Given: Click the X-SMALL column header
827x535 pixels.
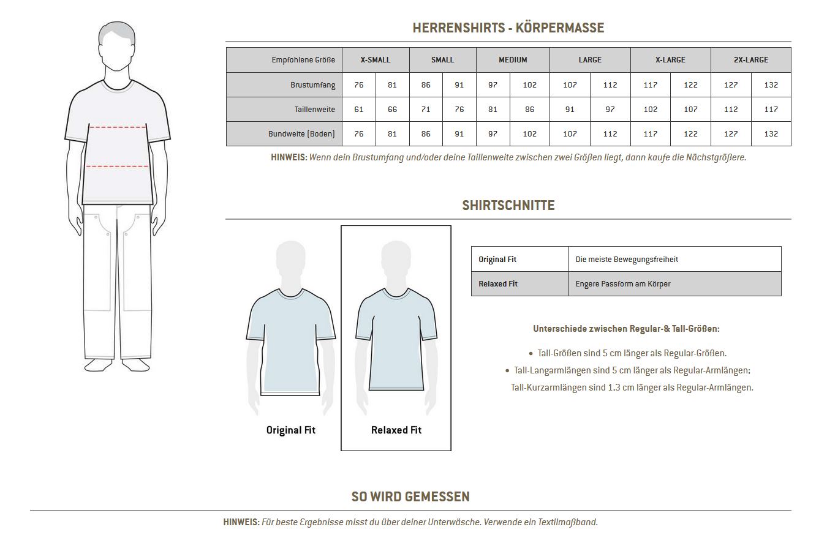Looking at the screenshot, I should point(375,60).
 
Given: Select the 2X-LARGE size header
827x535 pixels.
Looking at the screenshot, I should point(750,60).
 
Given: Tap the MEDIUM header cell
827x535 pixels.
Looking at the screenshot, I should point(513,60).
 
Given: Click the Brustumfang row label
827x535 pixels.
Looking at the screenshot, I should point(312,85).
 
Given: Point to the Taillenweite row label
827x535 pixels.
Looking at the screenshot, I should point(314,110).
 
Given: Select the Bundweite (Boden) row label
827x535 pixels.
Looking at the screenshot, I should point(301,134).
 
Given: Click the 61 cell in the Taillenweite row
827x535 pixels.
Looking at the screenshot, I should point(359,110).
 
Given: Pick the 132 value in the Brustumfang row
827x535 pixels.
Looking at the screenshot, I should point(771,85).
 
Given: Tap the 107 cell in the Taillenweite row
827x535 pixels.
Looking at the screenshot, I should point(690,110).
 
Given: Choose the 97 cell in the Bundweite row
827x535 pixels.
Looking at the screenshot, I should point(493,134).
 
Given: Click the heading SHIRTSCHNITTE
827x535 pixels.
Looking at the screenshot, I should point(508,206).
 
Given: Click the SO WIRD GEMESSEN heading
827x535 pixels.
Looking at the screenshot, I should point(410,496).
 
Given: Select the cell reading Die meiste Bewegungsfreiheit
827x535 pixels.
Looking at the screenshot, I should point(627,260).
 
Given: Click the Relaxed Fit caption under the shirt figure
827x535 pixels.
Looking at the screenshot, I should point(396,430).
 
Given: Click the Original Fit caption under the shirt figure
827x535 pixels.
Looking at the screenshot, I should point(290,430).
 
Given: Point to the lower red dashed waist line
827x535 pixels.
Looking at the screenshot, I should point(117,166).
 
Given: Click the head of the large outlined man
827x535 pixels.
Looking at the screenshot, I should point(116,46).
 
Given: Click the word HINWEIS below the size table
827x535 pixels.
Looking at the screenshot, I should point(289,157).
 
